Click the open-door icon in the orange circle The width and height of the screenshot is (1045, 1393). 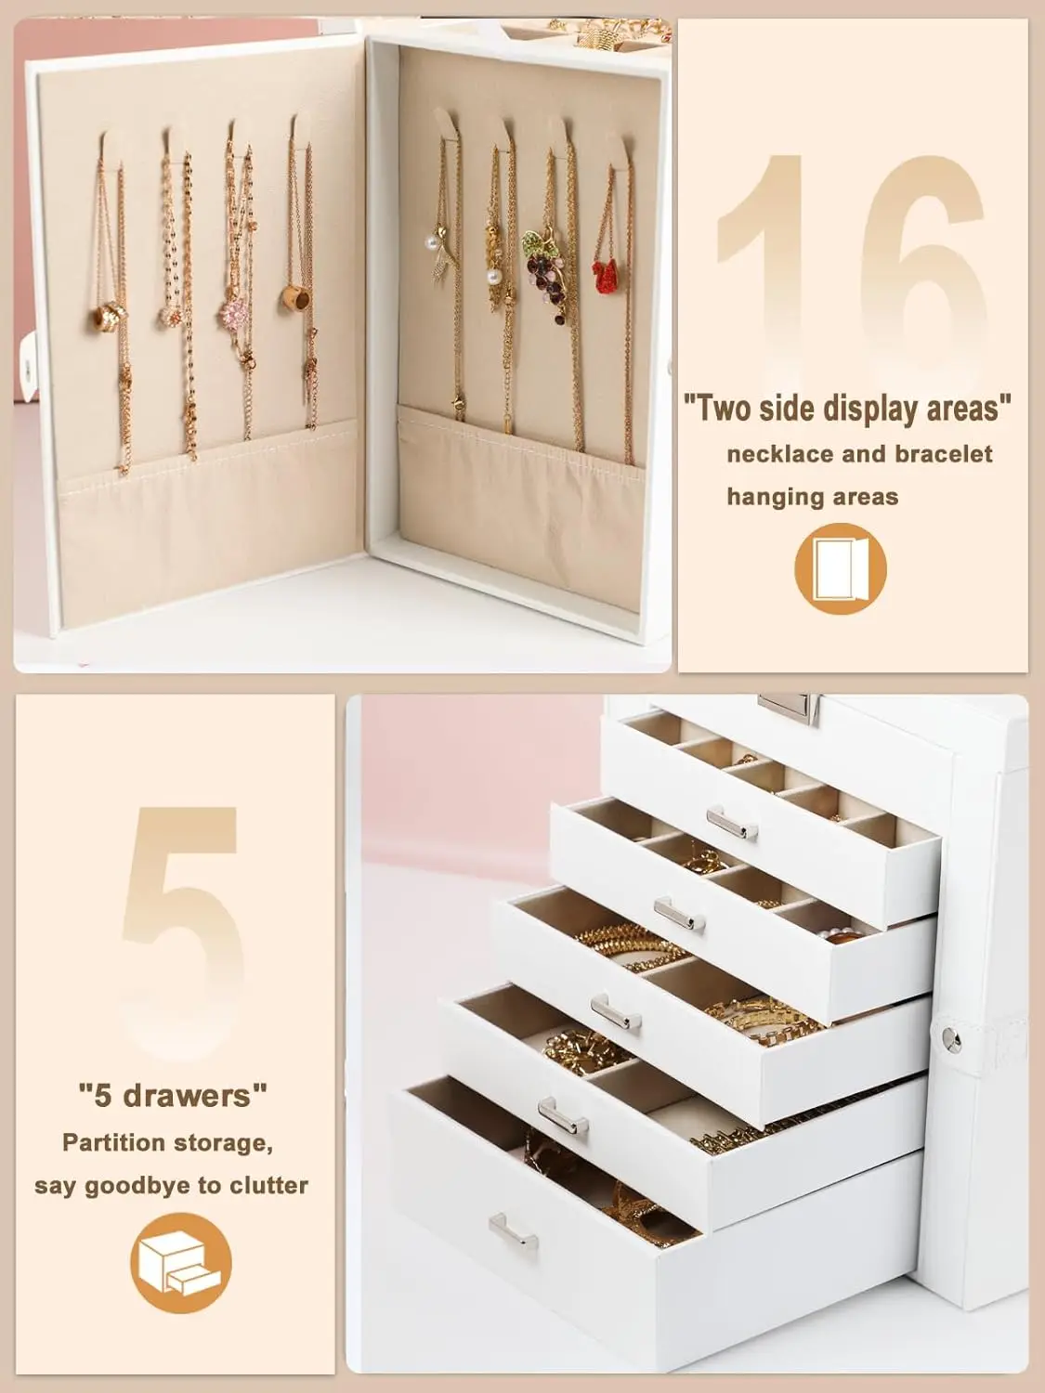[840, 568]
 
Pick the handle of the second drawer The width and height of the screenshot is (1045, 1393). [679, 915]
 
